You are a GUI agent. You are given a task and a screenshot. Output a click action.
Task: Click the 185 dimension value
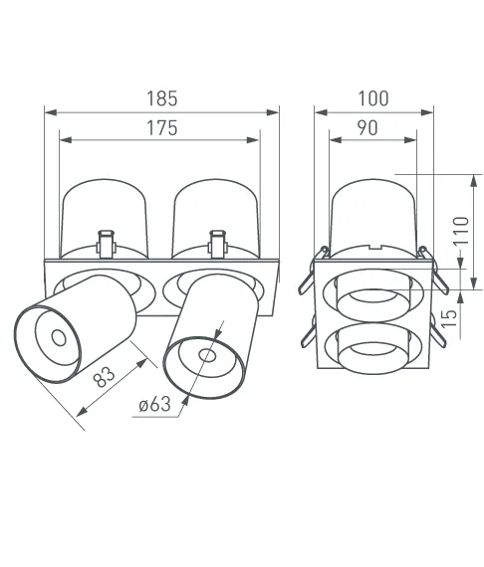161,98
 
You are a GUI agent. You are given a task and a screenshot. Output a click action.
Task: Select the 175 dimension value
161,128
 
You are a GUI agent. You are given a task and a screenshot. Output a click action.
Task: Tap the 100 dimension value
373,98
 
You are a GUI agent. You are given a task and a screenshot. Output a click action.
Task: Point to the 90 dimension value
367,128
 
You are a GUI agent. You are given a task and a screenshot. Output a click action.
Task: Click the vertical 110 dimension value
461,231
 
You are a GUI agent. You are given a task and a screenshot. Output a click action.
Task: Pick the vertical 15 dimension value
449,318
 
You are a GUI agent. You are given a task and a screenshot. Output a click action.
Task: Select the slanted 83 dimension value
104,377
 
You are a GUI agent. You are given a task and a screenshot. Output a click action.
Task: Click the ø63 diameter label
155,404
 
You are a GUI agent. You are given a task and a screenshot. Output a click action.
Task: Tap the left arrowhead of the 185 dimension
51,112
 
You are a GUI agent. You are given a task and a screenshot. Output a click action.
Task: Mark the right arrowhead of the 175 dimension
253,140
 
